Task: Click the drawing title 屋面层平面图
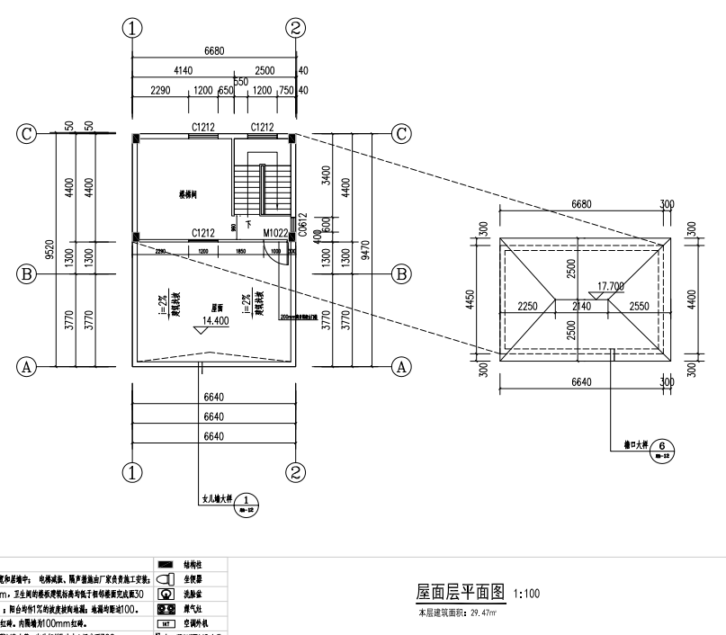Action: [x=459, y=593]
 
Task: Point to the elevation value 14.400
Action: [x=215, y=320]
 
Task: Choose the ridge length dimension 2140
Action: [x=583, y=307]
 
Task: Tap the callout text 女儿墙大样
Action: [x=215, y=496]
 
